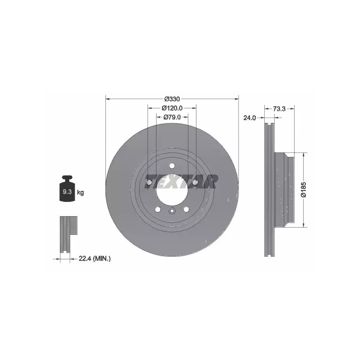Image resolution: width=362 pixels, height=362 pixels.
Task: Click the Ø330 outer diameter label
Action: [x=172, y=99]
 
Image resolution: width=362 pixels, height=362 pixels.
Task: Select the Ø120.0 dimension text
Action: [x=172, y=108]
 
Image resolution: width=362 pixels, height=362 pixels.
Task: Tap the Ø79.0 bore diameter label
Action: [x=172, y=117]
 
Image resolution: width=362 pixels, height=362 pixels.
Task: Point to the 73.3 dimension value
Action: [x=279, y=109]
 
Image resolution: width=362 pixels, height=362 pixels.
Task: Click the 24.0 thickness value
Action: [x=250, y=118]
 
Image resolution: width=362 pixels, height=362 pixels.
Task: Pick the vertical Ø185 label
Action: [x=304, y=190]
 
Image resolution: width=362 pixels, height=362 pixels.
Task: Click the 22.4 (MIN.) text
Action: [x=95, y=259]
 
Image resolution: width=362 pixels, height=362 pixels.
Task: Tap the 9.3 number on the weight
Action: [x=67, y=191]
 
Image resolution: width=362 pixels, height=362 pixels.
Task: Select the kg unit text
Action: [x=81, y=192]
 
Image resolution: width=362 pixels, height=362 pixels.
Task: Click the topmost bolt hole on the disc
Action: [x=172, y=166]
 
